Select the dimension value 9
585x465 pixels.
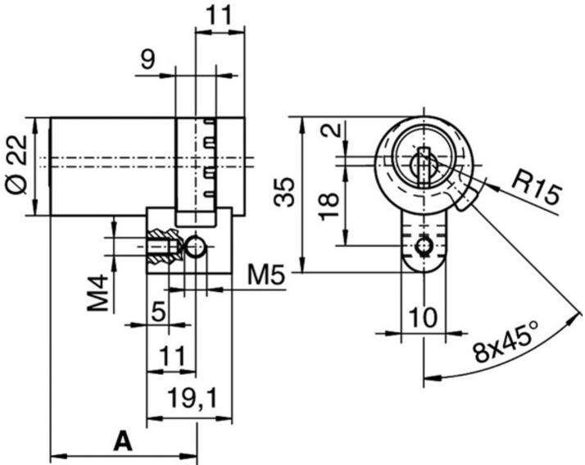pyautogui.click(x=148, y=60)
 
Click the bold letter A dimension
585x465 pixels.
pyautogui.click(x=121, y=441)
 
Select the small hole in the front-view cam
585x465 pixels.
pyautogui.click(x=423, y=245)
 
